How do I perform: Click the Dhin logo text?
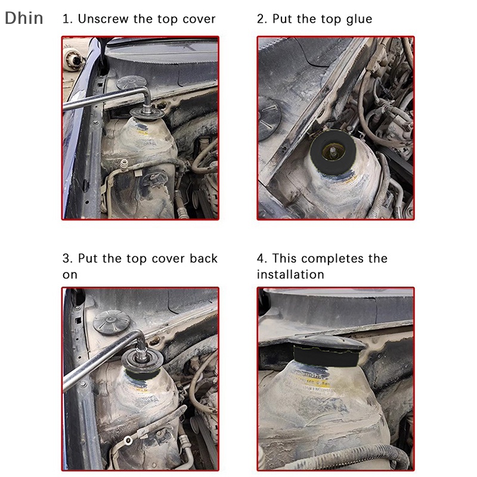pyautogui.click(x=24, y=18)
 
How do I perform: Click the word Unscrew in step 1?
pyautogui.click(x=104, y=19)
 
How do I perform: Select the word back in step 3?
pyautogui.click(x=203, y=259)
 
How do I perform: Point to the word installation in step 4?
pyautogui.click(x=290, y=274)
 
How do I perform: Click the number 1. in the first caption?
pyautogui.click(x=67, y=19)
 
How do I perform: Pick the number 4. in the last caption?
pyautogui.click(x=262, y=259)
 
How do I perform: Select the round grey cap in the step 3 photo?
pyautogui.click(x=111, y=321)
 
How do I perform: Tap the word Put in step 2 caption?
pyautogui.click(x=283, y=19)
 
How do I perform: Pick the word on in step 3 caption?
pyautogui.click(x=70, y=274)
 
